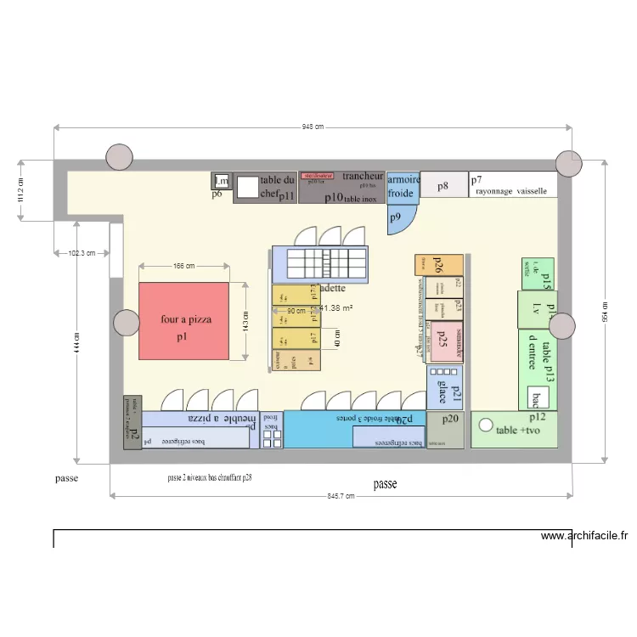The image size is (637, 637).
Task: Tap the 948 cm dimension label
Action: (313, 127)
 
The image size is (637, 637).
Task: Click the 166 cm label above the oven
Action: (184, 266)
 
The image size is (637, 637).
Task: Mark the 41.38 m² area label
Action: (335, 310)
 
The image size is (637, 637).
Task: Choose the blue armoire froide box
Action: (401, 187)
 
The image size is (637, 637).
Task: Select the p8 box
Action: (443, 185)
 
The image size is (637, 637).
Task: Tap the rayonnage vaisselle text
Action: (511, 191)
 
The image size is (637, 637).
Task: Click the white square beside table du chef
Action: (247, 187)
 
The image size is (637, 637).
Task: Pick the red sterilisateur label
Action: (317, 176)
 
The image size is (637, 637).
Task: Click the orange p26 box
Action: (439, 264)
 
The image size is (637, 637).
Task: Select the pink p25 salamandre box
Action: (447, 341)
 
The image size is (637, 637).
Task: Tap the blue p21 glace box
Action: (443, 387)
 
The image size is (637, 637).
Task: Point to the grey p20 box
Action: (445, 430)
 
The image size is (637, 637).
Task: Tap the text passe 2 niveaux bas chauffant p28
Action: (210, 478)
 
